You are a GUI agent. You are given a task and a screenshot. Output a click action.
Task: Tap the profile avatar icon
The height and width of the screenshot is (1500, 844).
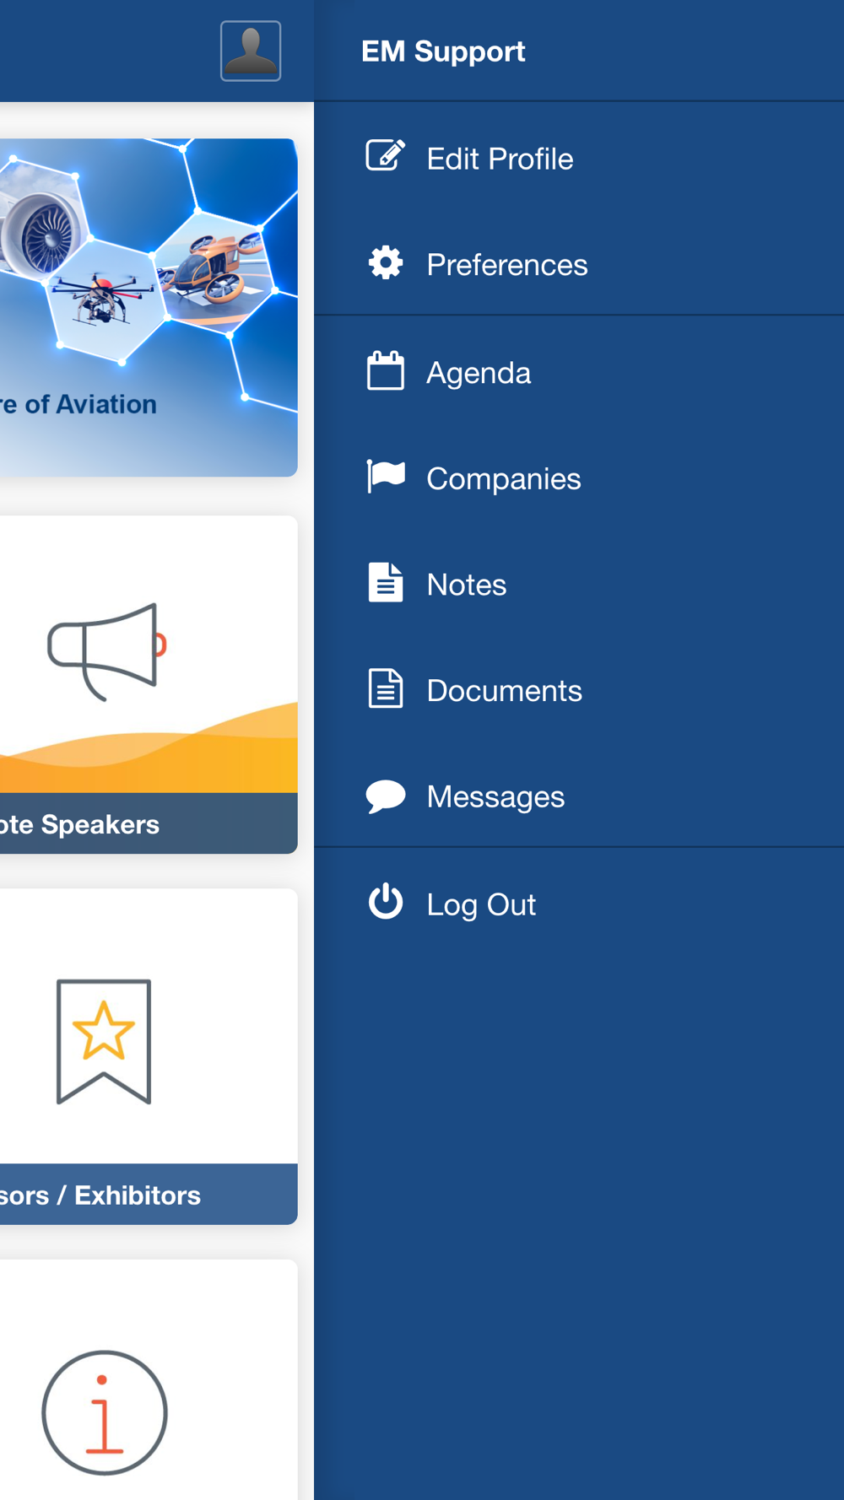(x=251, y=51)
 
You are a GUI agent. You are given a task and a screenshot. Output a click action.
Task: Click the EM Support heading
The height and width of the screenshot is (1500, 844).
(x=443, y=51)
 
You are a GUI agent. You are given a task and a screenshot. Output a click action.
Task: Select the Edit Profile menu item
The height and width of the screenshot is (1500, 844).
(x=500, y=159)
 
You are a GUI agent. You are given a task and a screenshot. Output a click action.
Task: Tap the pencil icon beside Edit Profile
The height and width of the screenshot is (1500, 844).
(x=385, y=156)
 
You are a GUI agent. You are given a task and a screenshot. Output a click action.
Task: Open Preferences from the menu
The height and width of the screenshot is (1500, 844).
(x=507, y=265)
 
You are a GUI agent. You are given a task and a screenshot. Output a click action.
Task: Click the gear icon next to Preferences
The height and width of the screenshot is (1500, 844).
(x=386, y=263)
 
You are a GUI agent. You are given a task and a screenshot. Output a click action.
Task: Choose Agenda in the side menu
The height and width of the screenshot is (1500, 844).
(x=479, y=373)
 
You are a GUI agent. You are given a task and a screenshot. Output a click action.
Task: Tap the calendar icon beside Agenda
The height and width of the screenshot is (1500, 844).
(x=386, y=370)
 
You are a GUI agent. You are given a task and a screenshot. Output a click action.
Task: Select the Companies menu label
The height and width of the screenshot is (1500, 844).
(x=504, y=479)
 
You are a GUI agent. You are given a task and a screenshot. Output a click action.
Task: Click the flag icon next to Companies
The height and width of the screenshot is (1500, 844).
(x=386, y=476)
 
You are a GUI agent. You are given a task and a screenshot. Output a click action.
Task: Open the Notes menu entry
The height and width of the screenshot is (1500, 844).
(x=467, y=585)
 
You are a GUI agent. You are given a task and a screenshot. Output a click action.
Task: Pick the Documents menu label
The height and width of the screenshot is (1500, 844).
(x=505, y=691)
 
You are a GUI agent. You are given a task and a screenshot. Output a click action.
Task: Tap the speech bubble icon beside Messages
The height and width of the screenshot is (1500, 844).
(x=386, y=796)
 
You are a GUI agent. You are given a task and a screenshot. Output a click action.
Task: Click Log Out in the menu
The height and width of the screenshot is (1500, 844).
(x=481, y=904)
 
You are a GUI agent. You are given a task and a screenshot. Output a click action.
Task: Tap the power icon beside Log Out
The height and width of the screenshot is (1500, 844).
(x=386, y=901)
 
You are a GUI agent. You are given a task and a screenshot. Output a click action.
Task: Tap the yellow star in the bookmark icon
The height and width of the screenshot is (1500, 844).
(x=104, y=1030)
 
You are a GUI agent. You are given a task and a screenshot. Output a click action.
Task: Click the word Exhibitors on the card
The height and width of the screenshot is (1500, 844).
(x=138, y=1195)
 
